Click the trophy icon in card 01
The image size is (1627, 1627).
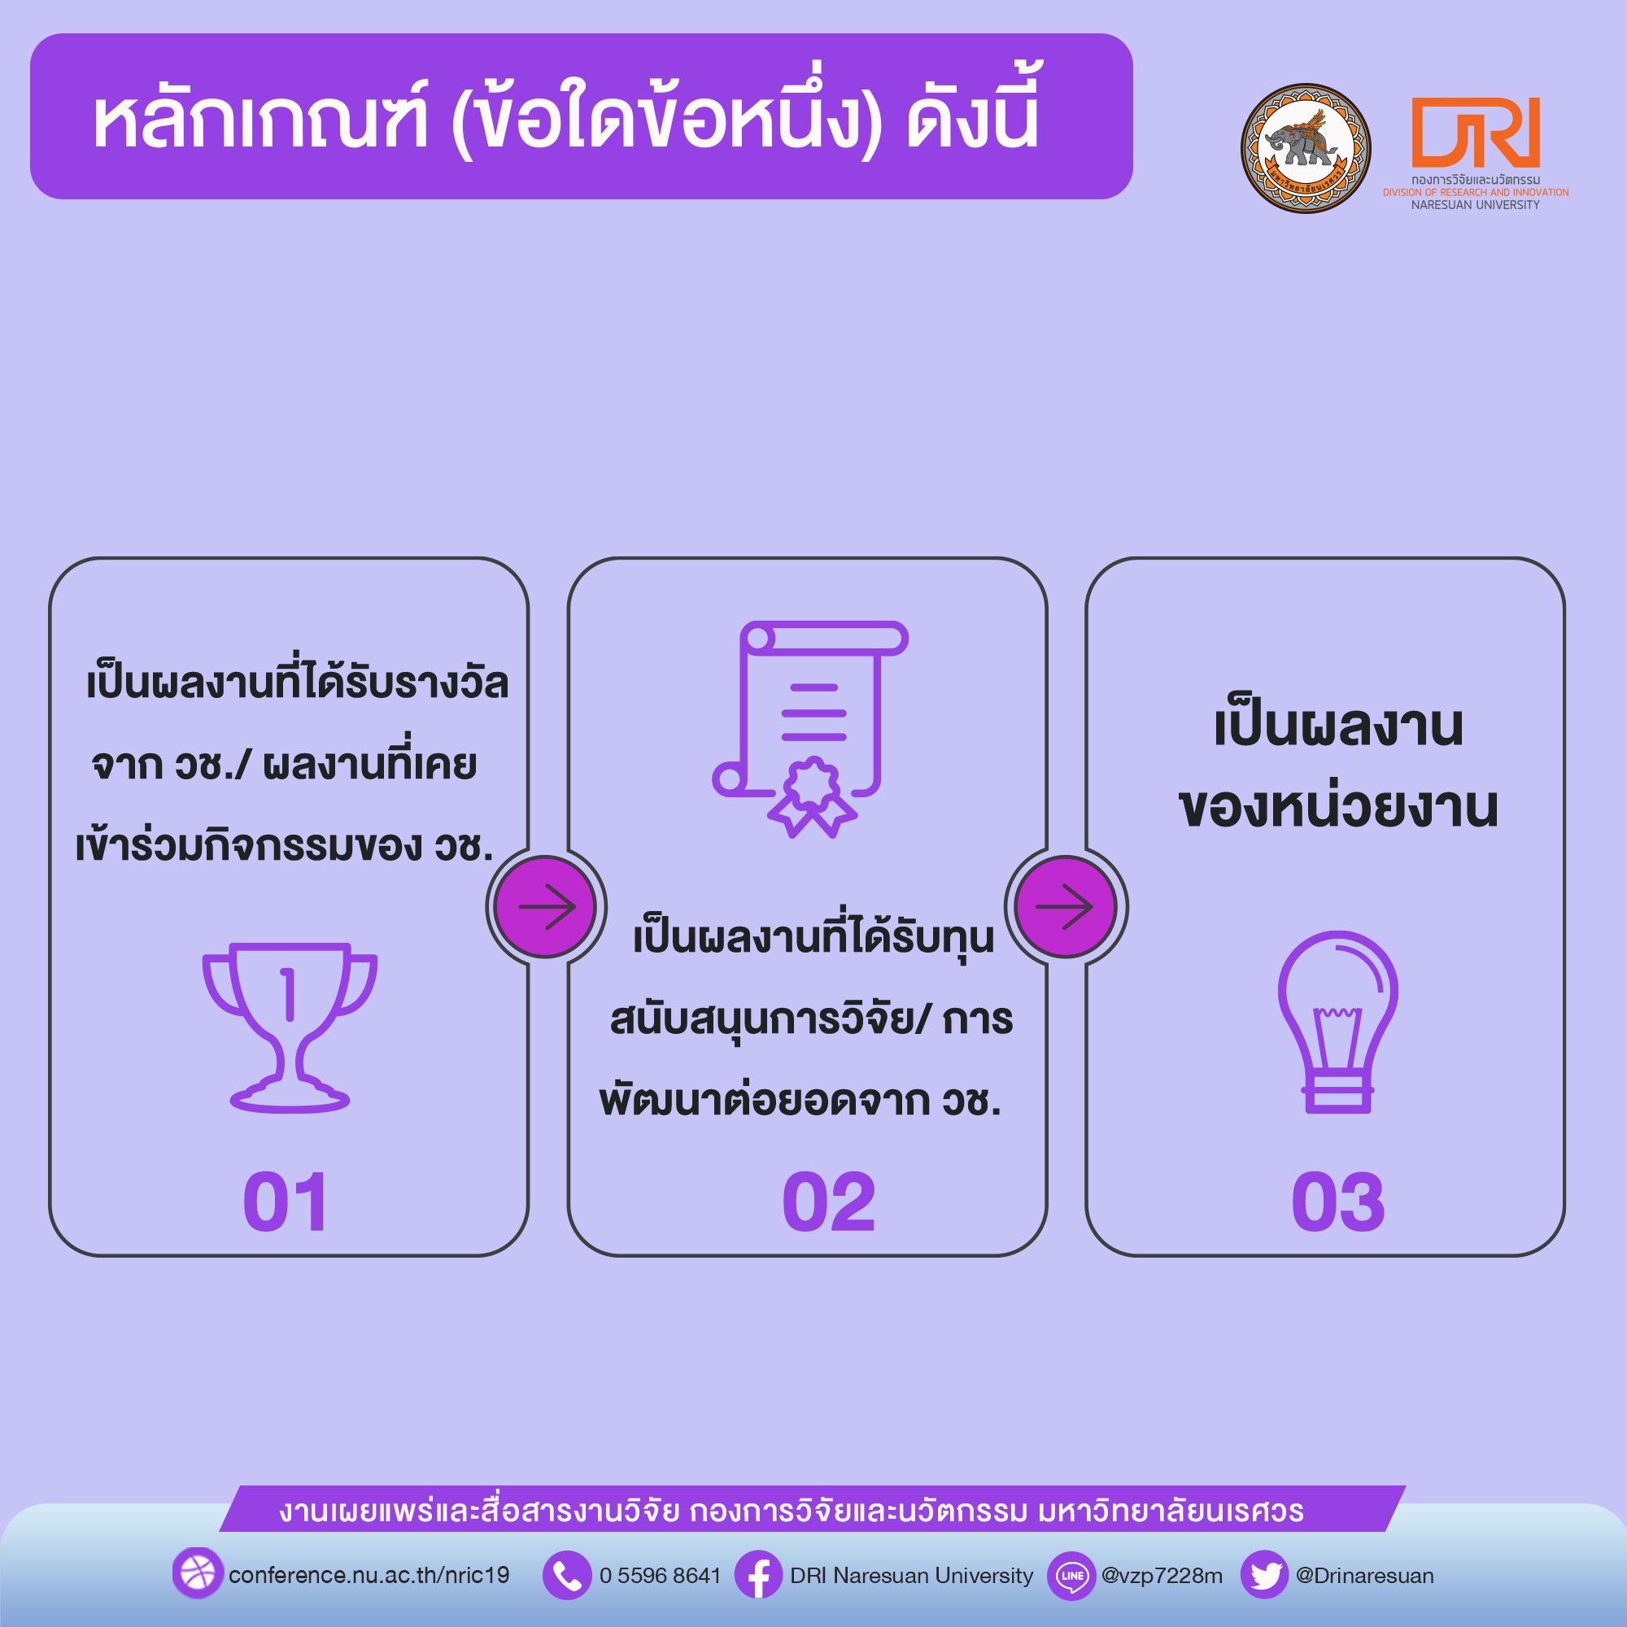(289, 1027)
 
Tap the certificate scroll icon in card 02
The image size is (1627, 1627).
(810, 729)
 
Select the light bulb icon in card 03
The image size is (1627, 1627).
(1337, 1022)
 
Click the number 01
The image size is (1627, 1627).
(286, 1202)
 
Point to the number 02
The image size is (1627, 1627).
(829, 1202)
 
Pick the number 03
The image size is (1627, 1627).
(1338, 1202)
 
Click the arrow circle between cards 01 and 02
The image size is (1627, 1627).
(546, 907)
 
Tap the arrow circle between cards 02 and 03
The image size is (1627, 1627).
(1066, 907)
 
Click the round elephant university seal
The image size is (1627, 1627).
(1306, 148)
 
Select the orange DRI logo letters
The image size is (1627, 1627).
(1476, 133)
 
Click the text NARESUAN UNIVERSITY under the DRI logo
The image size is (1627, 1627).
(1476, 205)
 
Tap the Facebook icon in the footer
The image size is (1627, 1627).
(759, 1575)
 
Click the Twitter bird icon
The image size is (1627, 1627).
(1265, 1575)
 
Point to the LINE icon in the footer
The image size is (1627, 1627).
(1071, 1575)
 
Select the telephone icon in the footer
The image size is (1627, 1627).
(567, 1575)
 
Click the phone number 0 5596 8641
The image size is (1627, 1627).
(661, 1576)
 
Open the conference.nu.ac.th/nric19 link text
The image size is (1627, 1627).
(369, 1576)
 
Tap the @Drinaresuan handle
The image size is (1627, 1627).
(1364, 1576)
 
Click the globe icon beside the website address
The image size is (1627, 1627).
(198, 1572)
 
